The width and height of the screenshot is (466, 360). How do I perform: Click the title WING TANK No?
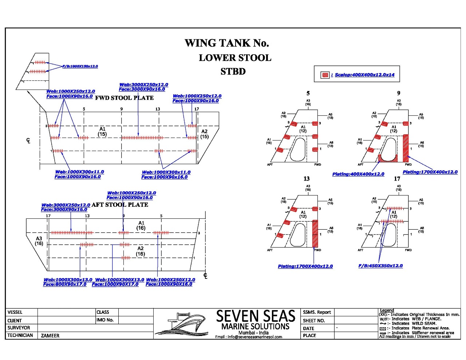coord(226,43)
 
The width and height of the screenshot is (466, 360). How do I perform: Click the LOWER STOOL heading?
coord(235,58)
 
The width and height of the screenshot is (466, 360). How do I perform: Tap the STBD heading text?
coord(233,71)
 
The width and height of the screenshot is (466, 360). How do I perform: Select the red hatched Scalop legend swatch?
coord(325,75)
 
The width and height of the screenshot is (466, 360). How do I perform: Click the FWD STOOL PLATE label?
coord(124,98)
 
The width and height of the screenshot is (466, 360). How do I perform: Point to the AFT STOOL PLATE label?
coord(120,205)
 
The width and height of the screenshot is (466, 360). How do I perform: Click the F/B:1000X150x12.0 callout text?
coord(80,66)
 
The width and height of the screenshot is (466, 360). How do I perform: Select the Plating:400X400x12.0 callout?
coord(358,174)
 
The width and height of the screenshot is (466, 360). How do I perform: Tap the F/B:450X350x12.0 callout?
coord(380,266)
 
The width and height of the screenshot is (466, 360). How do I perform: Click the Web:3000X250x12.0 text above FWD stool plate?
coord(143,85)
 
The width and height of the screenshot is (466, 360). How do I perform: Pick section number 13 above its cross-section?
coord(307,179)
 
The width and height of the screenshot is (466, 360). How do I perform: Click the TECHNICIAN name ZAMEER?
coord(50,336)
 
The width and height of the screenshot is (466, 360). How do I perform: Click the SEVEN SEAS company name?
coord(255,316)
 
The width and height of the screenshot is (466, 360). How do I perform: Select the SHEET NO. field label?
coord(313,321)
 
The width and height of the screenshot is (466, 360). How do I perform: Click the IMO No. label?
coord(105,320)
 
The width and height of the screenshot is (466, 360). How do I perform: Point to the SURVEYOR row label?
coord(19,328)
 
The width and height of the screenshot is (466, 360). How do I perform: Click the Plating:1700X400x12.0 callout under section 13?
coord(305,266)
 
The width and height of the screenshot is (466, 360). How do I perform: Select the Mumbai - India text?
coord(253,333)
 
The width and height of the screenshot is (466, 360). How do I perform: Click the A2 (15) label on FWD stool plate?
coord(204,134)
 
